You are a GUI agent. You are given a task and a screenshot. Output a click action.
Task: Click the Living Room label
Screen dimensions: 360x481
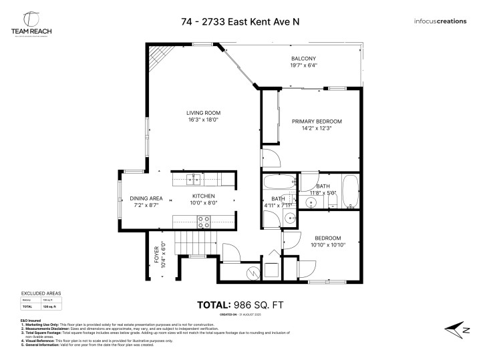203,112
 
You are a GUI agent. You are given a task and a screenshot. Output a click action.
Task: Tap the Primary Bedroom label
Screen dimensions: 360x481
317,121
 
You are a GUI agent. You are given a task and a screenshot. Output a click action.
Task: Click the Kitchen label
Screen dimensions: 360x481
203,196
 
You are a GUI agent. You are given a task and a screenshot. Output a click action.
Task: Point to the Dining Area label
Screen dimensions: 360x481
146,198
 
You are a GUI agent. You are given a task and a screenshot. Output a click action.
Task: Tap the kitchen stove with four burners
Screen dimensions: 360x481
202,222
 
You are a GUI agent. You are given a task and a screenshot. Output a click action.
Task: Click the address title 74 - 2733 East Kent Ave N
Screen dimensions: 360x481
240,21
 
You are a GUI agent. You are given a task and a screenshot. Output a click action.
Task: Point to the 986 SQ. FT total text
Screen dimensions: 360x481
240,305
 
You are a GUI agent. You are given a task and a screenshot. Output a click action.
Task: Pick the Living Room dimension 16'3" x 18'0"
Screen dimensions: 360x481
203,120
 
